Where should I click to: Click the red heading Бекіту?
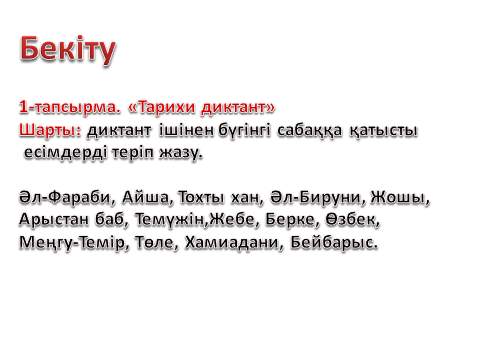pyautogui.click(x=68, y=50)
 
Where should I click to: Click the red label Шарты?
pyautogui.click(x=50, y=131)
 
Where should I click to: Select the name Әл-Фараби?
pyautogui.click(x=65, y=197)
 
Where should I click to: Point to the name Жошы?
pyautogui.click(x=399, y=198)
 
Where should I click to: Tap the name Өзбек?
pyautogui.click(x=350, y=220)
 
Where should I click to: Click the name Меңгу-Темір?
pyautogui.click(x=72, y=243)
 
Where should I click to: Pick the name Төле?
pyautogui.click(x=154, y=243)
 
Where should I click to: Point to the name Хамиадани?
pyautogui.click(x=233, y=243)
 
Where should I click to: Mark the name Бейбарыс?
pyautogui.click(x=334, y=243)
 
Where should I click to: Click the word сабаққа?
pyautogui.click(x=309, y=131)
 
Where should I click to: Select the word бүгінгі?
pyautogui.click(x=245, y=131)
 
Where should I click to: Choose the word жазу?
pyautogui.click(x=181, y=153)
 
